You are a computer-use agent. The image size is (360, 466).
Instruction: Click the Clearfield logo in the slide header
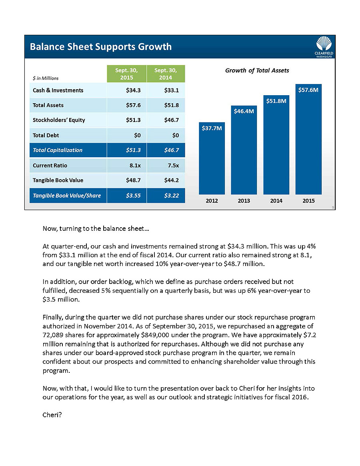pos(324,46)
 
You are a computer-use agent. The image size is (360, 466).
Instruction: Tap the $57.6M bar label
pos(308,90)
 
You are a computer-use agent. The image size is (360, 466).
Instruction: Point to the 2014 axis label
pos(276,201)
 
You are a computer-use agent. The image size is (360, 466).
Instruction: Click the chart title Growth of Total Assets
pos(257,70)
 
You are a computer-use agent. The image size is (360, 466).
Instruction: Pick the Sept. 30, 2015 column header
pos(127,74)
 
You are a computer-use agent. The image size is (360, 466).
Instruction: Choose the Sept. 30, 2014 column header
pos(166,74)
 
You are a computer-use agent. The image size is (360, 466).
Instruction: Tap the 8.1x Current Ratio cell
pos(134,165)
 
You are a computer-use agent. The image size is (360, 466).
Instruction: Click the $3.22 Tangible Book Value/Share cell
pos(171,196)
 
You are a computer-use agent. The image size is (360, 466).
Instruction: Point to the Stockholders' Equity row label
pos(59,120)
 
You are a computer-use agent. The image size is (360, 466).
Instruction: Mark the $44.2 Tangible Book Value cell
pos(172,180)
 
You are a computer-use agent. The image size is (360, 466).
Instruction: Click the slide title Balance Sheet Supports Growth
pos(101,47)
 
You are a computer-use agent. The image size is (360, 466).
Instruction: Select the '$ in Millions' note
pos(46,78)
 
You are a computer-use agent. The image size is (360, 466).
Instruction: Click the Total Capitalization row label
pos(58,150)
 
